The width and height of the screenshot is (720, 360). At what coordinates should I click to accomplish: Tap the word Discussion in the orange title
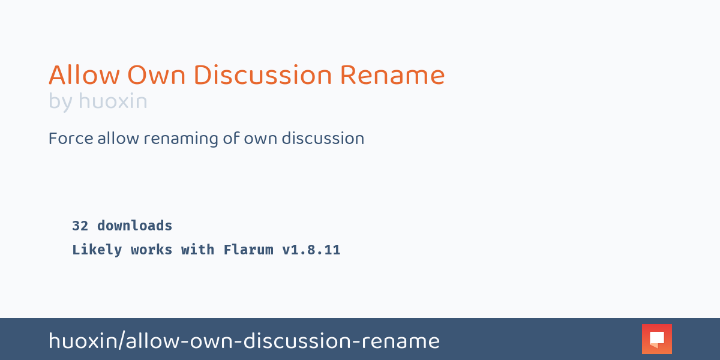click(262, 76)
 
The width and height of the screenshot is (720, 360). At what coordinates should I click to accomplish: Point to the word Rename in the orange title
click(392, 76)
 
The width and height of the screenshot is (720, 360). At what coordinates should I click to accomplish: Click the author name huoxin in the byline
click(113, 101)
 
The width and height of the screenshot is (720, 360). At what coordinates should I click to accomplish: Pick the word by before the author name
click(60, 101)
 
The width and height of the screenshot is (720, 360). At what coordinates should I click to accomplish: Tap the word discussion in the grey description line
click(323, 139)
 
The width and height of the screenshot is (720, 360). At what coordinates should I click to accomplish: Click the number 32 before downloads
click(80, 226)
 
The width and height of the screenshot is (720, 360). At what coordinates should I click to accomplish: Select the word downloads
click(134, 226)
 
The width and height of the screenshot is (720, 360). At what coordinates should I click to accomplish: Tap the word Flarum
click(248, 250)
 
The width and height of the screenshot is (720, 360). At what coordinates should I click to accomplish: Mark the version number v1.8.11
click(311, 250)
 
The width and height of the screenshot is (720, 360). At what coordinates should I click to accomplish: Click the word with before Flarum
click(197, 250)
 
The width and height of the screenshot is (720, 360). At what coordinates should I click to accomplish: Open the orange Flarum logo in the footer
click(656, 339)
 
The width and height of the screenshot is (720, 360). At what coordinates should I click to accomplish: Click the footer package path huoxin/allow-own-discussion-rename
click(244, 341)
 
